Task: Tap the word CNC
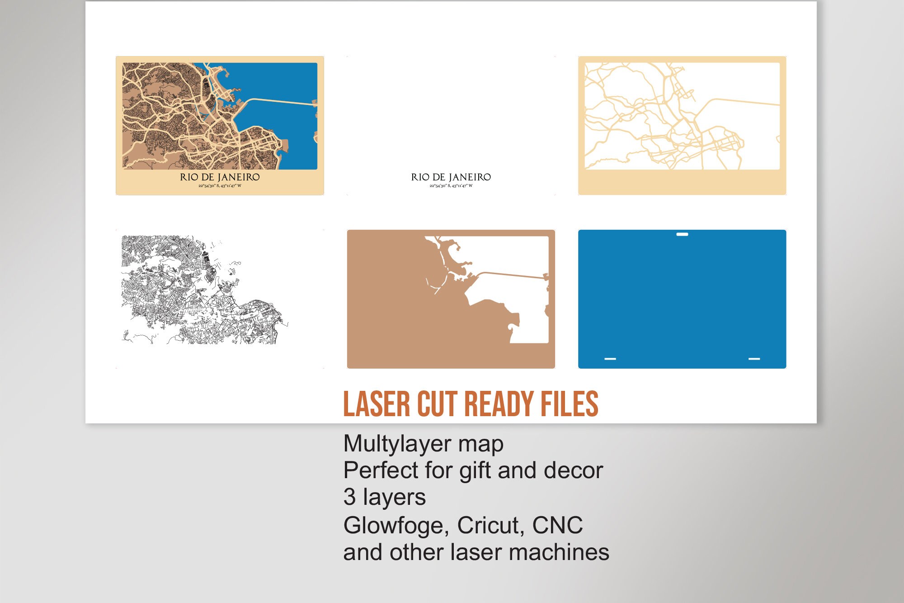pos(557,526)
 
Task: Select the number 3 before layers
pos(349,497)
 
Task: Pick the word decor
pos(573,470)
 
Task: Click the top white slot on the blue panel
pos(682,234)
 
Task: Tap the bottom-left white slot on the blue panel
pos(610,359)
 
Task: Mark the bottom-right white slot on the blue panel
pos(754,359)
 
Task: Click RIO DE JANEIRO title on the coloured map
pos(220,177)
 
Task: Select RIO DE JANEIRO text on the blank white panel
pos(451,177)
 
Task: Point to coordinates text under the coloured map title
pos(220,186)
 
